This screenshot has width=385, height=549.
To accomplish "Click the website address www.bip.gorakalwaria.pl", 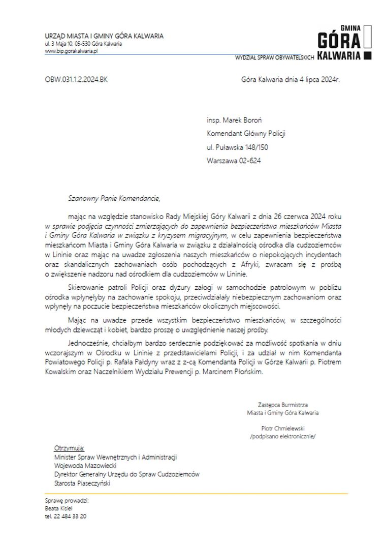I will click(x=71, y=51).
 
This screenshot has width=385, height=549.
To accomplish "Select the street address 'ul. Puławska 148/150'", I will click(x=238, y=148).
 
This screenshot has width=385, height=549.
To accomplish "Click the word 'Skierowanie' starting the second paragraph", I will click(x=86, y=288).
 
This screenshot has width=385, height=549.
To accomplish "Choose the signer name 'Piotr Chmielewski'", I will click(x=283, y=428).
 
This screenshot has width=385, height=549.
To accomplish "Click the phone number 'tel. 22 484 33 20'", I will click(x=66, y=516).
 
